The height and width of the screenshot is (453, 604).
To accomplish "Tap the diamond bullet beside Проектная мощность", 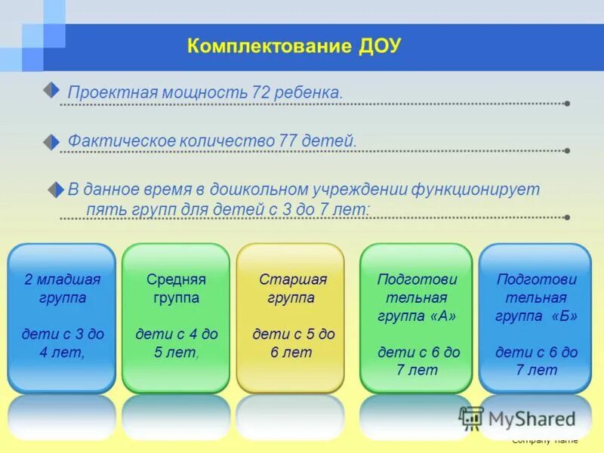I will click(x=51, y=91).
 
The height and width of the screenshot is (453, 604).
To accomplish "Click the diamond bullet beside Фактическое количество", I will click(x=51, y=141).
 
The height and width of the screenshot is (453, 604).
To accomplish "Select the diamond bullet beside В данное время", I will click(x=56, y=190).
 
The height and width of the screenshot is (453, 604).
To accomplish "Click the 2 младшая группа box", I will click(x=62, y=317).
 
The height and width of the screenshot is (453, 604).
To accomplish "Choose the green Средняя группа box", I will click(x=176, y=317).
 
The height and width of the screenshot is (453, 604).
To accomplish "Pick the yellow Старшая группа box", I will click(x=291, y=317).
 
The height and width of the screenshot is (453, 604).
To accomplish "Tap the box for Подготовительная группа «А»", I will click(x=416, y=317).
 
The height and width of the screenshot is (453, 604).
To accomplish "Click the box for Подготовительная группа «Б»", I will click(x=535, y=317).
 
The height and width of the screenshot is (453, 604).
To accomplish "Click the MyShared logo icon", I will click(x=472, y=418).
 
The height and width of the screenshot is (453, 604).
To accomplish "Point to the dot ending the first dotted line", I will click(x=567, y=103).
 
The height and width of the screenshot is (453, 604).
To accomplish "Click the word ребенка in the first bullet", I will click(x=310, y=93).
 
